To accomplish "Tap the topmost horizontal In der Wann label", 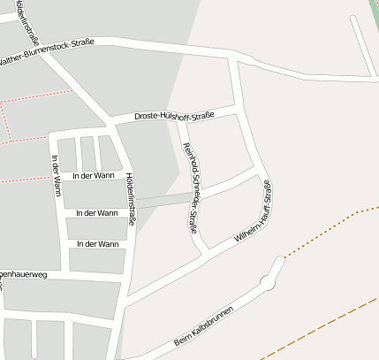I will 94,175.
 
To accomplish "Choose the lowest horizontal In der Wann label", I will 97,243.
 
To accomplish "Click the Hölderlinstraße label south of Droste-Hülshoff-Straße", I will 130,198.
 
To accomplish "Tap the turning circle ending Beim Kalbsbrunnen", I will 266,282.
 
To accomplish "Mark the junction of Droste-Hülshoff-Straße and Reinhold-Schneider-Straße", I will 180,120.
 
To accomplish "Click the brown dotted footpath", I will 327,229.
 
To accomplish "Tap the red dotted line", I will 35,97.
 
